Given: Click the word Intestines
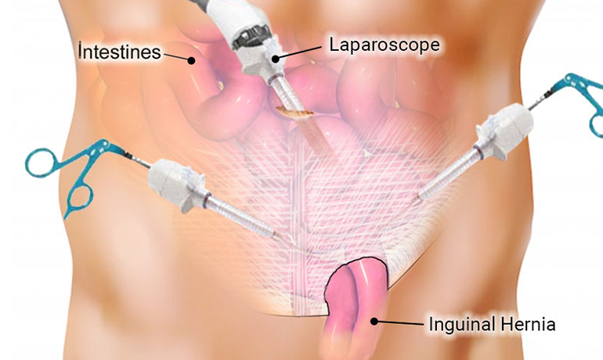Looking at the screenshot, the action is pos(120,52).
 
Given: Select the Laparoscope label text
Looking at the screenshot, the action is pos(385,45).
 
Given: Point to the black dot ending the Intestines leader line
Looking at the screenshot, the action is pos(191,60).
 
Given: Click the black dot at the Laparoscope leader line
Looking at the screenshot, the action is pos(276,59).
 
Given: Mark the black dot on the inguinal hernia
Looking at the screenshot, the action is pos(374,321).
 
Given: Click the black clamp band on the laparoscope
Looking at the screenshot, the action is pos(249,38).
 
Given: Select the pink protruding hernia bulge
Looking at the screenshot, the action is pos(356,304).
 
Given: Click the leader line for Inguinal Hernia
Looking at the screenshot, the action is pos(400,323).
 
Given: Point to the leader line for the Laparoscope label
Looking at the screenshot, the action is pos(300,52).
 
